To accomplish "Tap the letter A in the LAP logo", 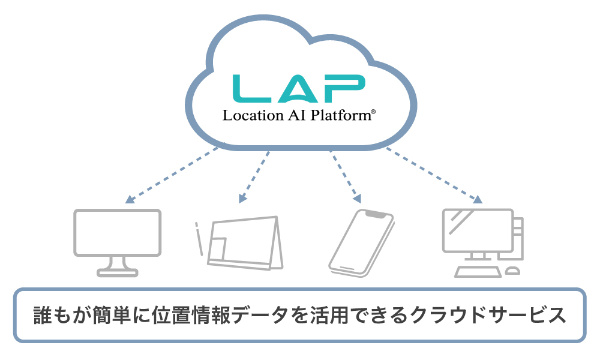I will pyautogui.click(x=298, y=88).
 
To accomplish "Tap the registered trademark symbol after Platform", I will pyautogui.click(x=374, y=112).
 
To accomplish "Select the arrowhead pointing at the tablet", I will pyautogui.click(x=242, y=199).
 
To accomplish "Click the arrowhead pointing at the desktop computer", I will pyautogui.click(x=478, y=200).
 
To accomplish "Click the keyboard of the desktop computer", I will pyautogui.click(x=478, y=271).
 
